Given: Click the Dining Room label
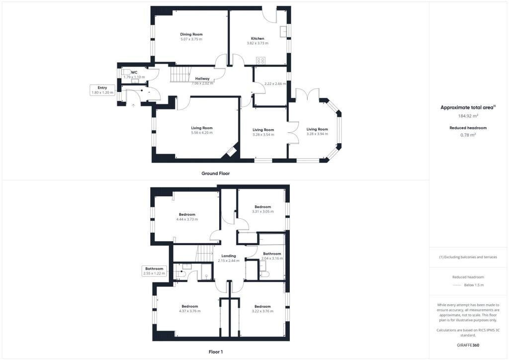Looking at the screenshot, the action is click(x=191, y=34).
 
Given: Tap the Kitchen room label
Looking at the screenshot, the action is click(x=257, y=38).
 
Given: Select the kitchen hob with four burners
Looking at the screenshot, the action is click(x=260, y=61).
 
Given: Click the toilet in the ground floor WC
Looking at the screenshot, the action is click(x=126, y=72).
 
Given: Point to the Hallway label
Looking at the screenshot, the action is click(x=202, y=79).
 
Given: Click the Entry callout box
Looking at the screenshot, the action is click(x=102, y=90).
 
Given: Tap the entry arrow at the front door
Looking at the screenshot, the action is click(x=133, y=105).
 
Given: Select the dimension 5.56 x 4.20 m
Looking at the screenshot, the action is click(x=202, y=133).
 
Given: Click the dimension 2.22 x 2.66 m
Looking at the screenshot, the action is click(x=275, y=84).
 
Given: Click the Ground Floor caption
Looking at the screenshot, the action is click(x=216, y=174).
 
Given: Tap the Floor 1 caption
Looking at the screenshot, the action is click(x=216, y=352).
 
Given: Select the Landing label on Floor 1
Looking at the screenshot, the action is click(x=229, y=256).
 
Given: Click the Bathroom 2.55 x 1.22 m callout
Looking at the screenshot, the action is click(x=154, y=271).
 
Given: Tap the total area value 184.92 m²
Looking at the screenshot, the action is click(x=468, y=116).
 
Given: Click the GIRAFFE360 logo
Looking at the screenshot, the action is click(x=468, y=345).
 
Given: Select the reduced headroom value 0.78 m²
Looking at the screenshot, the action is click(x=468, y=135).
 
